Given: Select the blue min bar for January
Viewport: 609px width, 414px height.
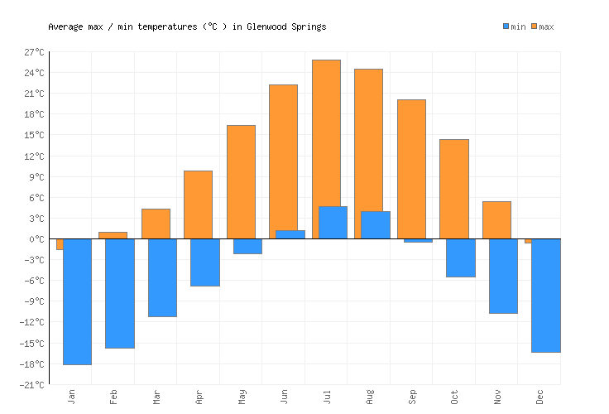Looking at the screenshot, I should click(77, 301).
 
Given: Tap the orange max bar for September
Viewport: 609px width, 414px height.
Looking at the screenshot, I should click(411, 169).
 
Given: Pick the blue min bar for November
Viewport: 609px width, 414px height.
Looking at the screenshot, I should click(503, 276).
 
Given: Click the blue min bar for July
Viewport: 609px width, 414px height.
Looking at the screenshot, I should click(333, 223).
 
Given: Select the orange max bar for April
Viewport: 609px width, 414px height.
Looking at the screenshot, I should click(198, 205).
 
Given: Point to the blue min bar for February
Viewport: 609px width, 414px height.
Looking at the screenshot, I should click(120, 293).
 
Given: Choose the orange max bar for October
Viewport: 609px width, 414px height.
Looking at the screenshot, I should click(453, 189).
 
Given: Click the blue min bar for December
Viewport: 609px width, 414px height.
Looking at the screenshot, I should click(545, 296).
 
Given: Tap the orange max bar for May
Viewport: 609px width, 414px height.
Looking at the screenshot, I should click(241, 182).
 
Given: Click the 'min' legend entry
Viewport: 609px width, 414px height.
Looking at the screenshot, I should click(514, 26).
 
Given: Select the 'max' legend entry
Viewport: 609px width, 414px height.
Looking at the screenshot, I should click(542, 26).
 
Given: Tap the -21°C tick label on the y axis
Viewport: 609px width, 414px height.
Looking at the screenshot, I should click(34, 385).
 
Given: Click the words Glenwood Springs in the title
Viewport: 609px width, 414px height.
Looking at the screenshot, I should click(286, 26).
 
